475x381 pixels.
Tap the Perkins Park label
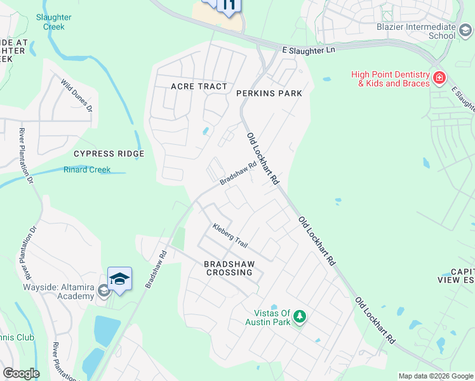pos(269,93)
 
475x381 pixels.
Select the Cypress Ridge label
pos(109,154)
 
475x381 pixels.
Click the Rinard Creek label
pos(87,170)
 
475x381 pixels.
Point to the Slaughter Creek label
pos(54,22)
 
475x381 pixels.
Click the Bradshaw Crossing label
pos(233,268)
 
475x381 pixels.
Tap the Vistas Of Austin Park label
pos(272,317)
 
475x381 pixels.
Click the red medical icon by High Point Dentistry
pos(439,78)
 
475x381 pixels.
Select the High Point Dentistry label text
pos(391,79)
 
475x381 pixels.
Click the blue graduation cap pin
pos(119,278)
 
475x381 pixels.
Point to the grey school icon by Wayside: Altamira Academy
pos(103,291)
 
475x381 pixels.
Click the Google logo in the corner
pos(20,373)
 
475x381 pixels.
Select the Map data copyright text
pos(436,376)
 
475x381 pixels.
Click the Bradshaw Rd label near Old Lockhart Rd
pos(238,173)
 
